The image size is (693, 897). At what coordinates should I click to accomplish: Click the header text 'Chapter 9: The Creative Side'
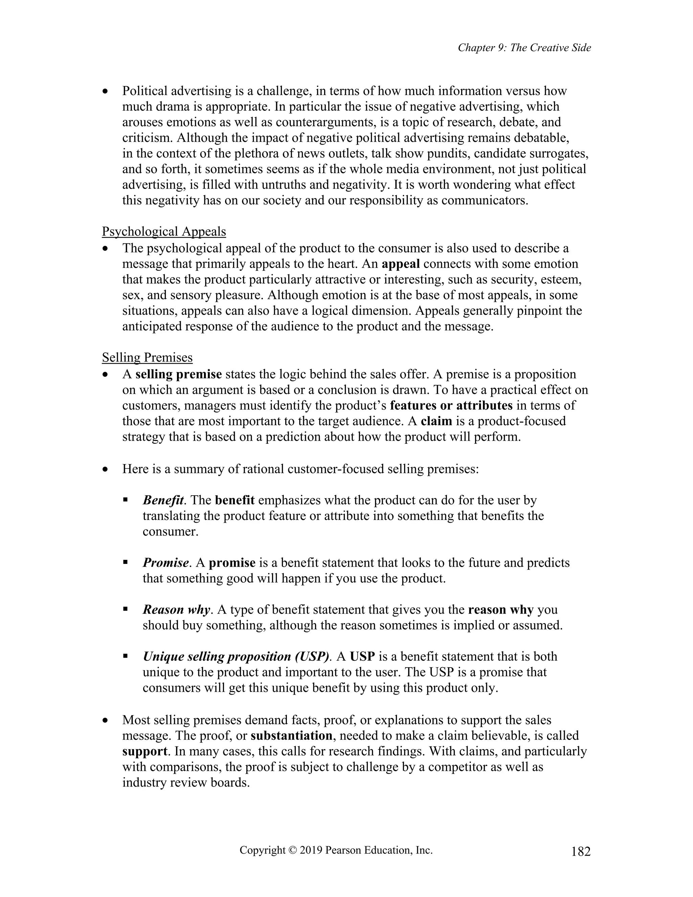[x=524, y=48]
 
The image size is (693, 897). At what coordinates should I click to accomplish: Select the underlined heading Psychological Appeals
[x=164, y=232]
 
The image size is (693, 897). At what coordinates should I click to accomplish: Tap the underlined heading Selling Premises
[x=147, y=358]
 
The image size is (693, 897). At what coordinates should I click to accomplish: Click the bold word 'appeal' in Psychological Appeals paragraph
[x=400, y=264]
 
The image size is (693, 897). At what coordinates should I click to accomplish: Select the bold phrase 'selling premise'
[x=179, y=374]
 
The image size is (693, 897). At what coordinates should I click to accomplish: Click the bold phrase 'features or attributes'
[x=451, y=406]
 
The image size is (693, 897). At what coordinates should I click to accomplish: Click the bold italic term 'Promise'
[x=166, y=563]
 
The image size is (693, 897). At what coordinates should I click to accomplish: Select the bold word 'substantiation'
[x=291, y=735]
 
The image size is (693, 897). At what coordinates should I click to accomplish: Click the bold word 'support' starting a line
[x=144, y=751]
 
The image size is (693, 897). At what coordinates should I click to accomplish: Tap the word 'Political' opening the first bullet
[x=144, y=91]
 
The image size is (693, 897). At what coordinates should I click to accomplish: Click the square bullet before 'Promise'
[x=126, y=562]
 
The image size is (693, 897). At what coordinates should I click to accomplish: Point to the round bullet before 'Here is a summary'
[x=106, y=469]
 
